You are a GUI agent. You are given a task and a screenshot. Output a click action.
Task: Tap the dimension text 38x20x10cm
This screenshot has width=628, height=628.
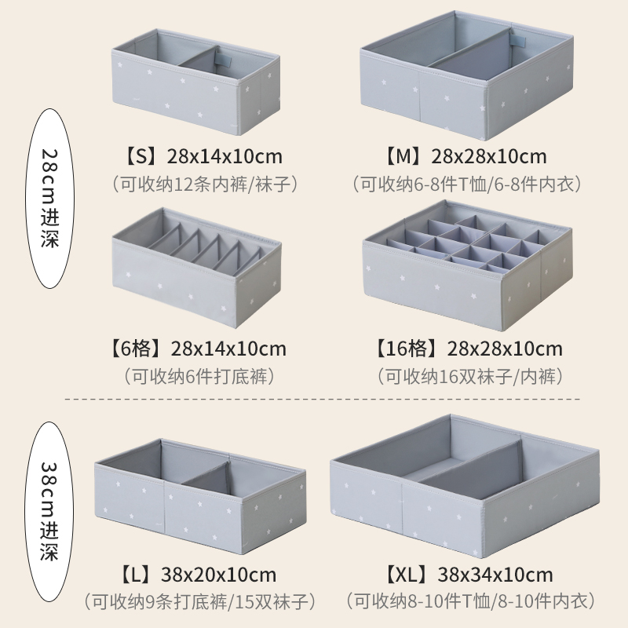pos(219,575)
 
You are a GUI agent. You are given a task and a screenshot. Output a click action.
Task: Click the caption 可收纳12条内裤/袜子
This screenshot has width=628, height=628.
pos(206,184)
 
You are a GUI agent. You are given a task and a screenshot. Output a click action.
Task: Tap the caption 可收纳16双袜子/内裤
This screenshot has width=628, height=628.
pos(470,376)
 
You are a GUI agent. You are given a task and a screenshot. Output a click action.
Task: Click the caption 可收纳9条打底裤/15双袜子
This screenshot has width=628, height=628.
pos(201,603)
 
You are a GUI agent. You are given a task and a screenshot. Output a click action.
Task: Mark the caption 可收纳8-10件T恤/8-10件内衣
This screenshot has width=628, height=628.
pos(469,603)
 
